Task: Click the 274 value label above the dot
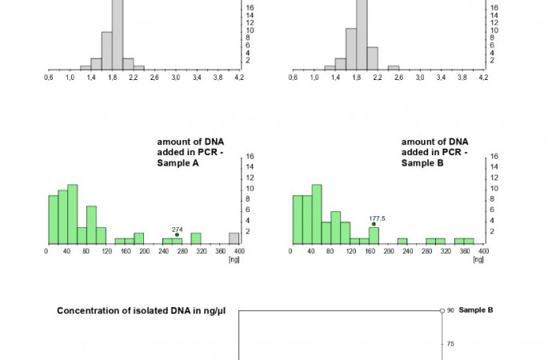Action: (177, 230)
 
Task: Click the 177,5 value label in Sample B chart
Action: (378, 218)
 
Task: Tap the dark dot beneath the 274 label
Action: (177, 235)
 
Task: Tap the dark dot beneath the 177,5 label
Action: (374, 224)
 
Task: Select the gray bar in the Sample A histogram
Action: (234, 238)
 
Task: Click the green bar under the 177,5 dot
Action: (374, 235)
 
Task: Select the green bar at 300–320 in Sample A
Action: (195, 238)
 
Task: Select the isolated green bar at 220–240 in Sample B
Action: (402, 241)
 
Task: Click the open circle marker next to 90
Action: (442, 310)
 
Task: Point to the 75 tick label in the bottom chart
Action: (450, 344)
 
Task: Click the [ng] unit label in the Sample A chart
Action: (234, 260)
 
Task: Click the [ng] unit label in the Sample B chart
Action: (478, 260)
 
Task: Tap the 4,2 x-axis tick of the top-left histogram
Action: (238, 78)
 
